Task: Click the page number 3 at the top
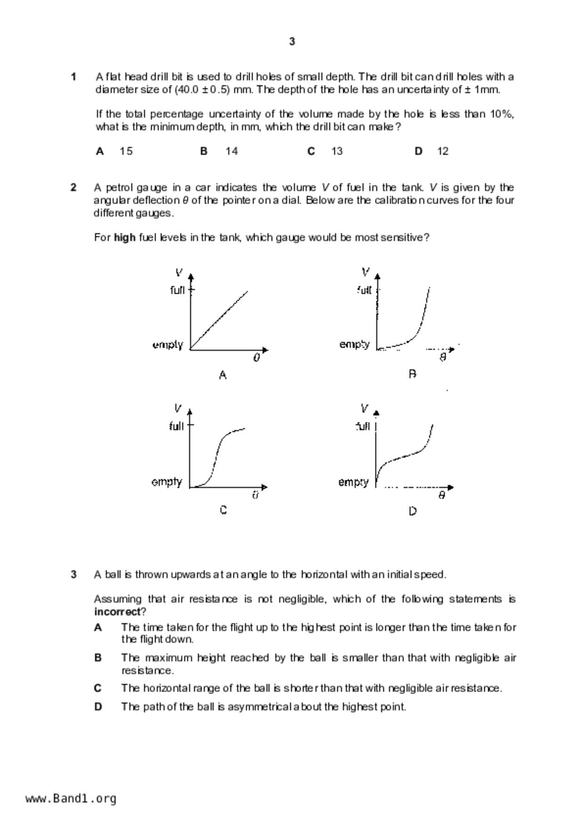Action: click(x=292, y=41)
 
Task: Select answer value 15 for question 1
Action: click(x=126, y=151)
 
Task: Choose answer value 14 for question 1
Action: click(x=232, y=151)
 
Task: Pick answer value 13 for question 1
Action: click(x=337, y=151)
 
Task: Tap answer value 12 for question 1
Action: click(x=443, y=151)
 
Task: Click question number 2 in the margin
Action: click(x=73, y=188)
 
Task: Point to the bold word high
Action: click(x=125, y=238)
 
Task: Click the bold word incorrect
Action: click(x=118, y=612)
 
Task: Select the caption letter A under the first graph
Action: click(x=223, y=375)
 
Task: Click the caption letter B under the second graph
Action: click(x=412, y=374)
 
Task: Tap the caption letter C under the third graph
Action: click(x=224, y=510)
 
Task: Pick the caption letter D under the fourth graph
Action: click(x=413, y=511)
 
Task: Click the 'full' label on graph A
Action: click(x=177, y=290)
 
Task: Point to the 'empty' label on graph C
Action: click(x=167, y=482)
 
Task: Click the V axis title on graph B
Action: click(x=366, y=272)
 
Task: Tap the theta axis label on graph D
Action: click(x=441, y=495)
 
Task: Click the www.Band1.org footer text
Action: click(x=71, y=799)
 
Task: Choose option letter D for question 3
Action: click(x=98, y=707)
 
